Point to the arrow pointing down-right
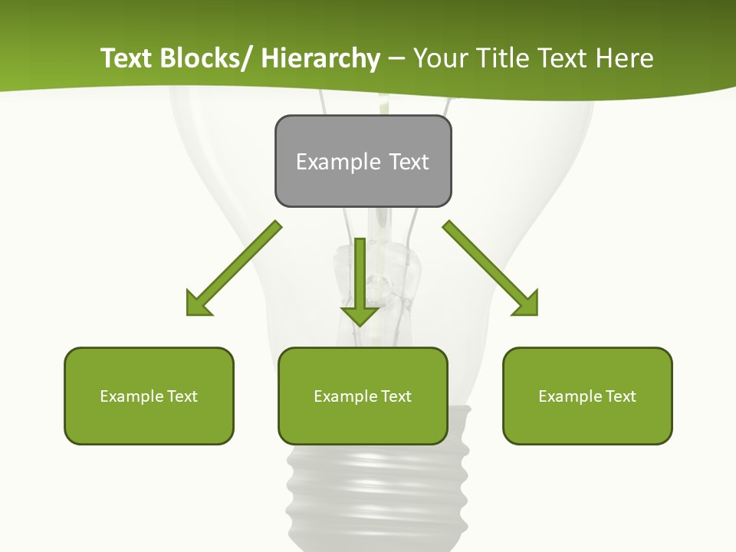(x=491, y=268)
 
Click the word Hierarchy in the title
(x=320, y=58)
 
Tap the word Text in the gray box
(x=409, y=162)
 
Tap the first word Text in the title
(x=127, y=58)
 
